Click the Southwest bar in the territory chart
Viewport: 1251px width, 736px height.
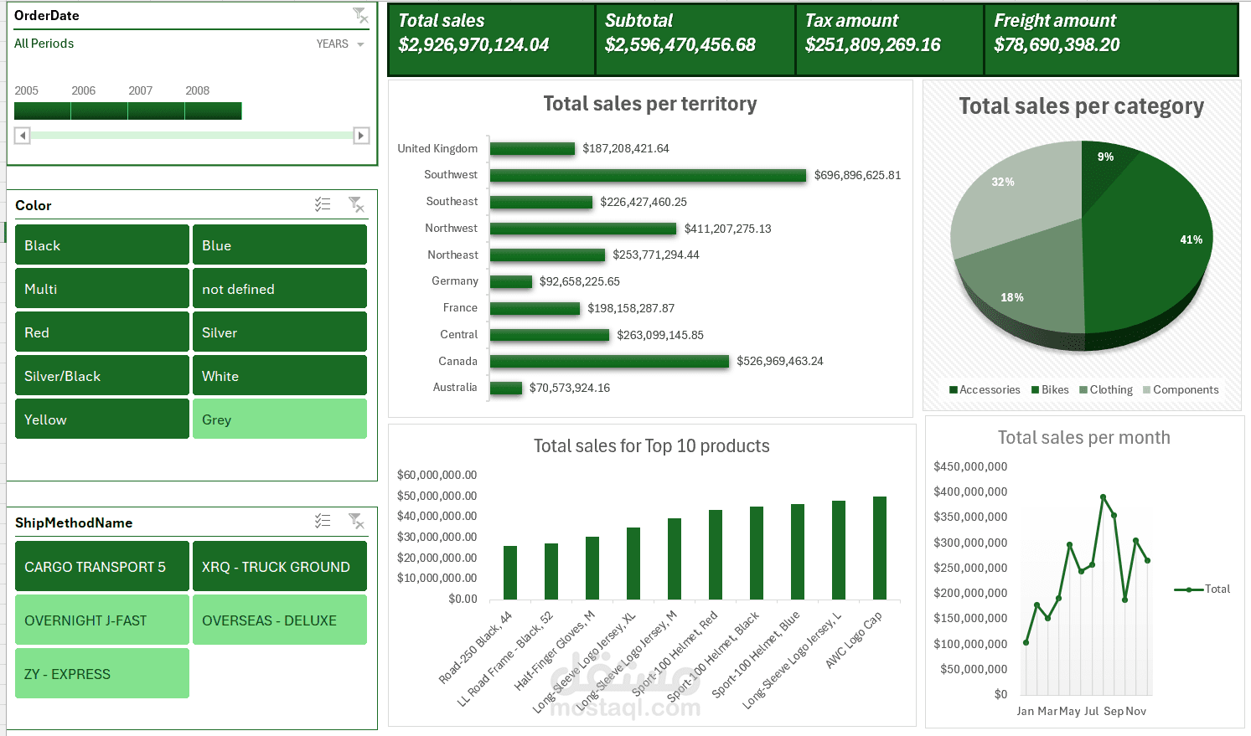[648, 175]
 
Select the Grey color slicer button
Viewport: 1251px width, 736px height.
[279, 419]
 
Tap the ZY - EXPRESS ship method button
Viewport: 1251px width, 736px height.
[102, 673]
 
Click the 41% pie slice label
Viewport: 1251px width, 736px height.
[1191, 239]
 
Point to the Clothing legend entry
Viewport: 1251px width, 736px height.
[1106, 390]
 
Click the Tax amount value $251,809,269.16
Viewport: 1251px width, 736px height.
[872, 45]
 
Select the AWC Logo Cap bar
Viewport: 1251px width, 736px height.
[880, 548]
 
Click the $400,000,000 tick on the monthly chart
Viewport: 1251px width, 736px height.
[970, 492]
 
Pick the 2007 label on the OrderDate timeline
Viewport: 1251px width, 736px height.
[141, 90]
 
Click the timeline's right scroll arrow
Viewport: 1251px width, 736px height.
[361, 136]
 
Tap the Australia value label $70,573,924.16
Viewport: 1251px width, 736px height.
[570, 388]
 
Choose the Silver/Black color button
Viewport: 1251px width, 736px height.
[102, 376]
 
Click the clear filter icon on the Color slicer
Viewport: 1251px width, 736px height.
[356, 204]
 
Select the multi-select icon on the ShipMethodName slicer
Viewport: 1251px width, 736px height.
[323, 521]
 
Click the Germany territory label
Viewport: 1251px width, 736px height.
[455, 281]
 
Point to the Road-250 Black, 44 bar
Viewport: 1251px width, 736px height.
[510, 573]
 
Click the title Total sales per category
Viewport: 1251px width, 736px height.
[1081, 106]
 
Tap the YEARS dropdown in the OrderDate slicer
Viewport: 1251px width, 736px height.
[340, 44]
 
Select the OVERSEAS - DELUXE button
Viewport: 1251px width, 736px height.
[279, 620]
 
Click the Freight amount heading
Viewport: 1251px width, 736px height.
[1055, 21]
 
